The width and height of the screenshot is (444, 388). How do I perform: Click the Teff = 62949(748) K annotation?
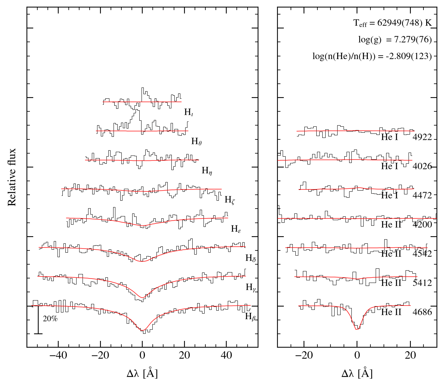click(x=392, y=23)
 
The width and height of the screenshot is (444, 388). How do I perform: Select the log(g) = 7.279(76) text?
click(x=395, y=40)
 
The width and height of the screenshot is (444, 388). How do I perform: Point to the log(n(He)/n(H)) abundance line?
click(x=372, y=56)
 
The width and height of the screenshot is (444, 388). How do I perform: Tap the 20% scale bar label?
click(x=50, y=319)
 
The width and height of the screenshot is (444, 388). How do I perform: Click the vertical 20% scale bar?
click(x=38, y=320)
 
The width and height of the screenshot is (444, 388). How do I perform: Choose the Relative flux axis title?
click(x=12, y=177)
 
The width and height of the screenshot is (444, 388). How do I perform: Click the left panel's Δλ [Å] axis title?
click(x=142, y=373)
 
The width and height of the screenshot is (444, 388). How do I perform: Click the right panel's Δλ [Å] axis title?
click(x=357, y=373)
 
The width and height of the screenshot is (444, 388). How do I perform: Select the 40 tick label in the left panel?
click(x=226, y=355)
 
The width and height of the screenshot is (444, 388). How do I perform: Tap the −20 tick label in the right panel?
click(x=304, y=355)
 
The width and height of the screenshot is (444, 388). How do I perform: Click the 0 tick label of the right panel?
click(x=357, y=355)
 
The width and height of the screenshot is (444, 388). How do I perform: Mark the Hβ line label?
click(x=251, y=316)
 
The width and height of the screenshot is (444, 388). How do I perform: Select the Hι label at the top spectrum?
click(x=189, y=112)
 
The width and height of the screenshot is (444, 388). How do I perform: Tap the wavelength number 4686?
click(x=422, y=312)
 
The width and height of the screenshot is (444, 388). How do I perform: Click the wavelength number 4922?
click(x=422, y=137)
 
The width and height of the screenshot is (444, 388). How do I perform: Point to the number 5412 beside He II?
click(x=422, y=283)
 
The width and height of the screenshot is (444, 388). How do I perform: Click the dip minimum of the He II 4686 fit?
click(x=357, y=329)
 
